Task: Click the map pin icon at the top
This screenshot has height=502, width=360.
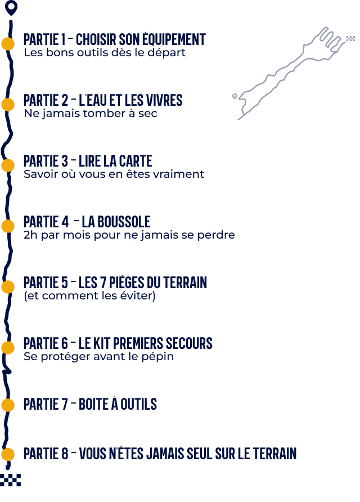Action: pos(11,8)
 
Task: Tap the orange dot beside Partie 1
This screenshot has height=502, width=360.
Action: pos(8,44)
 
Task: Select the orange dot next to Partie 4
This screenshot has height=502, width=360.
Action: pos(8,226)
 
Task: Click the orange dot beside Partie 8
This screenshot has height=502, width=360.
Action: pos(8,454)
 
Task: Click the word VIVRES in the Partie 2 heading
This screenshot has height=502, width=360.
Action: pos(164,100)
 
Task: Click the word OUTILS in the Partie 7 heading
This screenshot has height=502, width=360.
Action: pos(138,404)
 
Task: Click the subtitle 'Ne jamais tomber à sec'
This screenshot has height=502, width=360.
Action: pos(91,113)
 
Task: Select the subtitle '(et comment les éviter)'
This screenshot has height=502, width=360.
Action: pos(89,295)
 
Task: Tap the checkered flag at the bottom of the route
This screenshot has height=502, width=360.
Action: pos(10,480)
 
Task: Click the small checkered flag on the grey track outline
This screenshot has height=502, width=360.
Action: pos(351,39)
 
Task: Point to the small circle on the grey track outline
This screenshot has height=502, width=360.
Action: pos(235,96)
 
